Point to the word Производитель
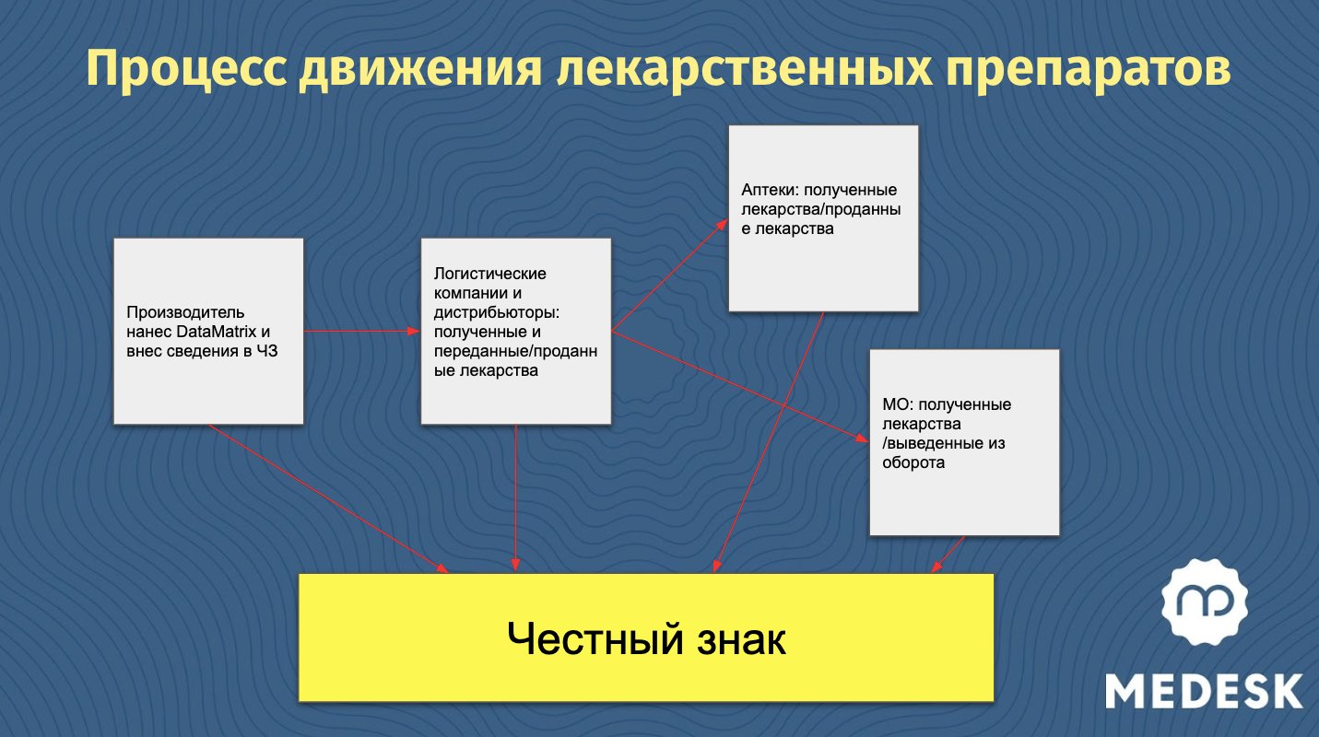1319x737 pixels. pos(185,312)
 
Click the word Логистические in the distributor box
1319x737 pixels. pos(489,274)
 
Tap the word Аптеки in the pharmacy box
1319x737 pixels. pos(769,191)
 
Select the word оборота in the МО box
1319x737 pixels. pos(913,463)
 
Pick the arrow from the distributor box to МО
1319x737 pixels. pos(737,387)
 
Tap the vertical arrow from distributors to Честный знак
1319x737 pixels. pos(515,497)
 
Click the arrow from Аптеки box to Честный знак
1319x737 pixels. pos(770,442)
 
